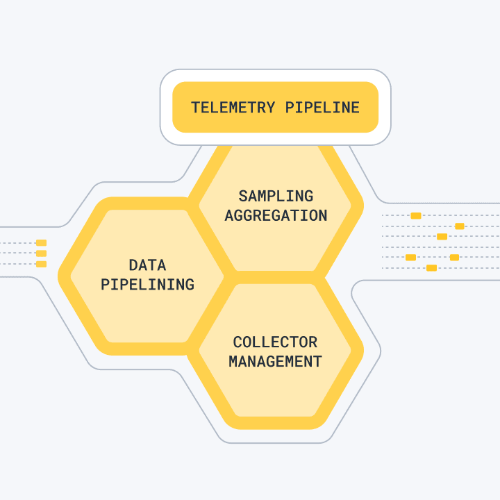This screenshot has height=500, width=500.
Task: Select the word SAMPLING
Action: pos(276,196)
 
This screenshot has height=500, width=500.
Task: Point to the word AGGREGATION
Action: pos(276,215)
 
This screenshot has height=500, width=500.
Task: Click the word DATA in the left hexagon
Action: pos(147,265)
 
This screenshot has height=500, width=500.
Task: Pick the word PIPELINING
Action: pos(147,284)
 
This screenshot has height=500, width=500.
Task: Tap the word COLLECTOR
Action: pos(275,342)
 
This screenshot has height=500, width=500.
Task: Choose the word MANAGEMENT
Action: pos(275,361)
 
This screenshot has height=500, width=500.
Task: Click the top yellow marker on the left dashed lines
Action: pos(41,243)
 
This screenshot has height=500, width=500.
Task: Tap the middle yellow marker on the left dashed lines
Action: pos(41,253)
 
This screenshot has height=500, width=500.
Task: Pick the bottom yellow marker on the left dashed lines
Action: pos(41,264)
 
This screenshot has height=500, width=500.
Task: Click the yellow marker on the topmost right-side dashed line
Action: pos(416,215)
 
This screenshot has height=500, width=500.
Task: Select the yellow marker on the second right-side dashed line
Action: pos(459,226)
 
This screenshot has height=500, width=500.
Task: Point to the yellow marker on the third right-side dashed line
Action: pos(442,236)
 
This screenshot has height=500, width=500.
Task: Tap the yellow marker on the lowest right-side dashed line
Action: pos(431,267)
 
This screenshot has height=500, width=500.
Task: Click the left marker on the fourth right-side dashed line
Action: pos(410,257)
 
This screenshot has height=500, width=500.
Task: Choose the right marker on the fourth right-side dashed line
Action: pos(454,257)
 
